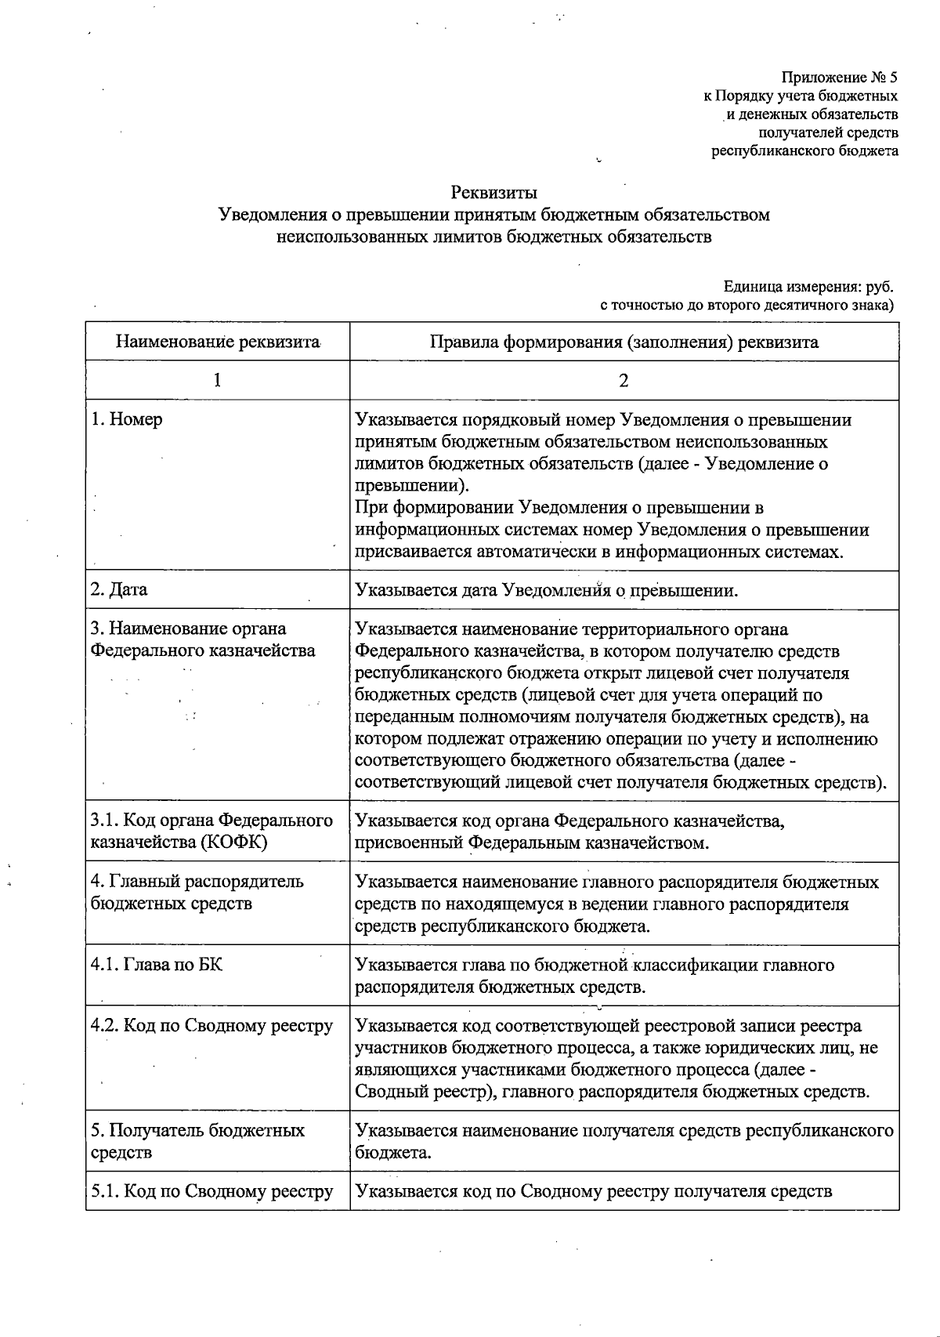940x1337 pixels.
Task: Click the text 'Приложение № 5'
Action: coord(839,78)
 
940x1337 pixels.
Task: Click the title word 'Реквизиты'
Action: coord(493,192)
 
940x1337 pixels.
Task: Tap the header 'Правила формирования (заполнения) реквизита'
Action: coord(624,342)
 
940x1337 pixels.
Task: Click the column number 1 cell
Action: coord(217,380)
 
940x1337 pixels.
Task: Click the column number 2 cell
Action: coord(624,380)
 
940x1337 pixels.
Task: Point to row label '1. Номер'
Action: coord(127,419)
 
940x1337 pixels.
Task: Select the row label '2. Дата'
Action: coord(119,589)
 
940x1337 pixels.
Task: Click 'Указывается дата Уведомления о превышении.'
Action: coord(546,589)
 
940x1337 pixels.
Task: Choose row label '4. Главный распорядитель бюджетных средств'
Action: coord(197,892)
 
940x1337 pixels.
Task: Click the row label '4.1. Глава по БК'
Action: coord(157,964)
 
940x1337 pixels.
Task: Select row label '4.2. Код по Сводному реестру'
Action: coord(211,1026)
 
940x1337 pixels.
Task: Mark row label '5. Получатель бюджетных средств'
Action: coord(197,1140)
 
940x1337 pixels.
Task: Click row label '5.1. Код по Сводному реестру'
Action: coord(211,1191)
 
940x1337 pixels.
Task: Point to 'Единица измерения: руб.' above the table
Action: coord(808,287)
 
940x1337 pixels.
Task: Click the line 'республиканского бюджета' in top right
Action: coord(804,150)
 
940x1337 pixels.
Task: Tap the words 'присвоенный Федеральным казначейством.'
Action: coord(532,843)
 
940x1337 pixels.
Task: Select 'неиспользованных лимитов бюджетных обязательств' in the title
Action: coord(493,236)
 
